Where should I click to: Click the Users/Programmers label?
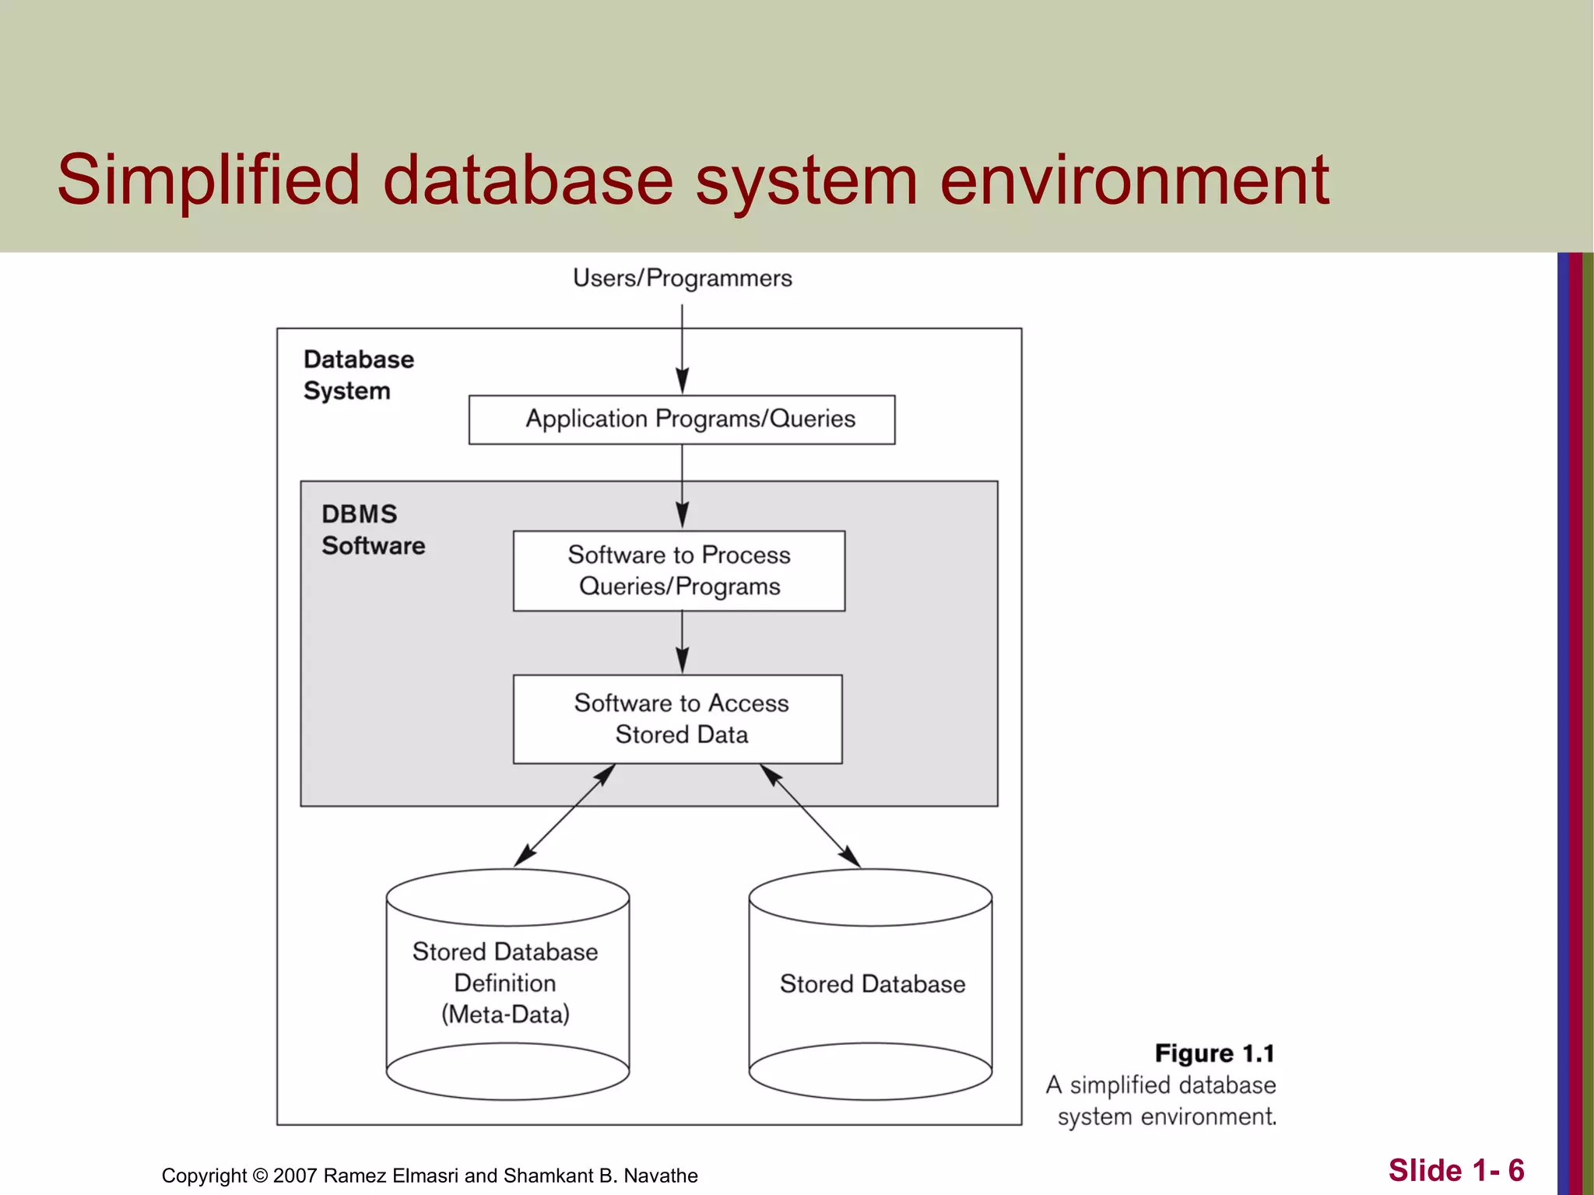682,278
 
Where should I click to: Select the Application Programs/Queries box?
682,419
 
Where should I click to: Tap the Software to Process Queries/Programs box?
679,570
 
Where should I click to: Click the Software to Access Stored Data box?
678,718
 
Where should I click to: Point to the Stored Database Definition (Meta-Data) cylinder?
507,984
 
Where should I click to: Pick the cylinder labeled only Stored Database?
870,984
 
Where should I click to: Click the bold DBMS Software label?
373,530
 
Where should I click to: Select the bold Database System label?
358,375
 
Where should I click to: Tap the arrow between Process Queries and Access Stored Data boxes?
683,642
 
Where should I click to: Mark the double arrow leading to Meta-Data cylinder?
565,815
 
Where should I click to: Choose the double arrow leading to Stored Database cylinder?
810,815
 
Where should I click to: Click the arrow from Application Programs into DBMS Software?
683,485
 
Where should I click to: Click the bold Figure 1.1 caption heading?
1214,1053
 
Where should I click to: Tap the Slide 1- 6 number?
1455,1170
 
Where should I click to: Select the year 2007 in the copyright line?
295,1176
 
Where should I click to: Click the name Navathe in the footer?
661,1176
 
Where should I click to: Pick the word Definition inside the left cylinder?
505,983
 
